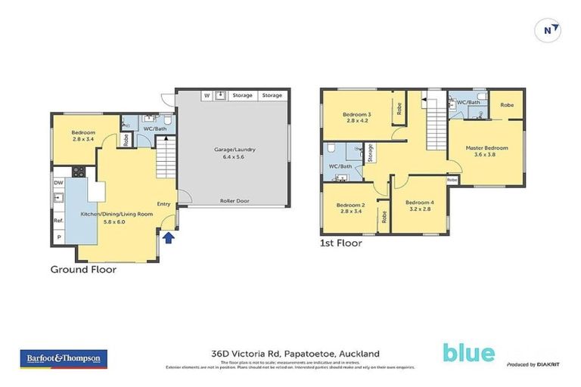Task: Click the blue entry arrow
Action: pos(169,238)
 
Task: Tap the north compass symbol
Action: pos(549,29)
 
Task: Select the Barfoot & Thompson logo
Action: pos(64,358)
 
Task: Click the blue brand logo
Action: pos(469,353)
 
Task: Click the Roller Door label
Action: pos(235,201)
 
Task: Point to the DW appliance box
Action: pos(58,183)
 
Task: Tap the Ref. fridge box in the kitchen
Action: pos(58,221)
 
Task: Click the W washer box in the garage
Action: pos(206,96)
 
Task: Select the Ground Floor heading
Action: pos(83,268)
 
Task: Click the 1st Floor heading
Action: pos(340,243)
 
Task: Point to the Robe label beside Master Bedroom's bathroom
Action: pos(507,105)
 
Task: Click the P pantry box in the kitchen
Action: pos(58,237)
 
